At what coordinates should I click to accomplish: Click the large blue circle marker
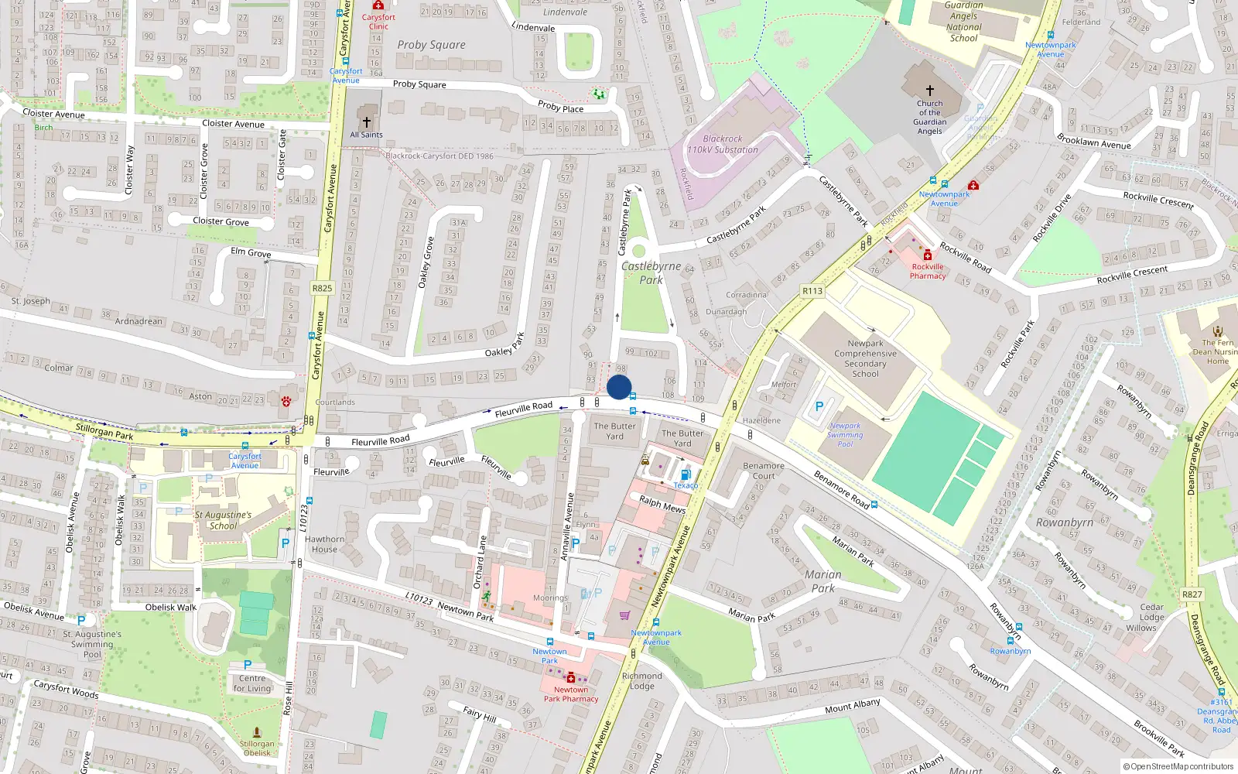[x=619, y=387]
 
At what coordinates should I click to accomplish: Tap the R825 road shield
[x=322, y=288]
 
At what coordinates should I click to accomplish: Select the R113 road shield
[x=812, y=291]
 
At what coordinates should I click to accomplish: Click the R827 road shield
[x=1192, y=594]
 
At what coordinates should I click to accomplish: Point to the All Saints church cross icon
[x=367, y=122]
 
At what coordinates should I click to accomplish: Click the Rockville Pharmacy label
[x=928, y=271]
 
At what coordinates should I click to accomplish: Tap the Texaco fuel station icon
[x=685, y=474]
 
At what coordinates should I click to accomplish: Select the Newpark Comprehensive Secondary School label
[x=865, y=358]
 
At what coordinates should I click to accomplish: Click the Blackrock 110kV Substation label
[x=723, y=144]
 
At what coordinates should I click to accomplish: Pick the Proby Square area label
[x=431, y=45]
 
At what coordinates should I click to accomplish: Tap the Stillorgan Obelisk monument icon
[x=257, y=731]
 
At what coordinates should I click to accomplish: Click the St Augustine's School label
[x=223, y=520]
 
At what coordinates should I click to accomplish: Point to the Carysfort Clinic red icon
[x=378, y=5]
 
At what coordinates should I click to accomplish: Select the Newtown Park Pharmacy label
[x=571, y=694]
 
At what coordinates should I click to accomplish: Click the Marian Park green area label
[x=822, y=580]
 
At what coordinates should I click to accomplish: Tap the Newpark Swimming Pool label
[x=845, y=435]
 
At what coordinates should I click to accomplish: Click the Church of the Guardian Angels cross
[x=930, y=91]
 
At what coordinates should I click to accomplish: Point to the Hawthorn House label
[x=325, y=544]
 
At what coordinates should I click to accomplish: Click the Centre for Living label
[x=252, y=683]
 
